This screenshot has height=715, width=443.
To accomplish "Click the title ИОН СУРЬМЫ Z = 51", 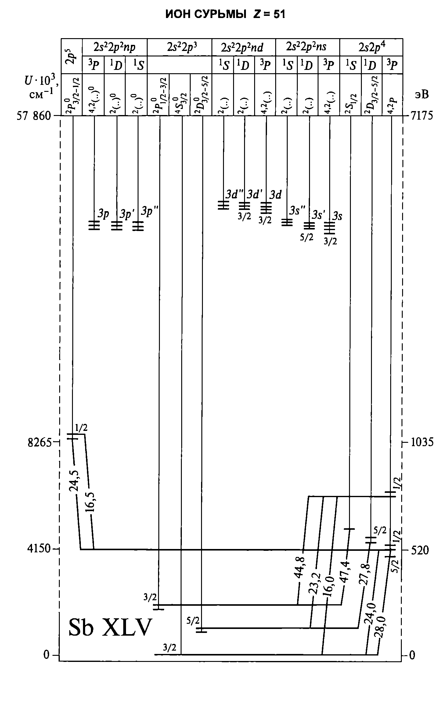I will (x=225, y=14).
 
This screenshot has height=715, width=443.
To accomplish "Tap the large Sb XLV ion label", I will (x=110, y=627).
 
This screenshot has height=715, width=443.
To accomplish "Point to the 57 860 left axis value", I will (x=33, y=116).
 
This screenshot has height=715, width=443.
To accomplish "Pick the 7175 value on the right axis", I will (x=422, y=116).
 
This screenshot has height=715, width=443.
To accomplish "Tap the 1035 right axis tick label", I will (x=422, y=442).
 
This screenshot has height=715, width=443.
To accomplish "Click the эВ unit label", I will (x=421, y=95).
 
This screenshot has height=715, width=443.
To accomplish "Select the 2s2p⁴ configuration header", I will (x=372, y=47).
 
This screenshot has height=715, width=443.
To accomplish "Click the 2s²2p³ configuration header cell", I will (x=179, y=47).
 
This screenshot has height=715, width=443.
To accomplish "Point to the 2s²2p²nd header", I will (x=243, y=47).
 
